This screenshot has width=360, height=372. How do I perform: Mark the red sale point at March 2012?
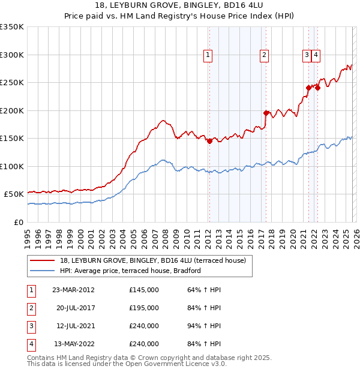click(x=209, y=142)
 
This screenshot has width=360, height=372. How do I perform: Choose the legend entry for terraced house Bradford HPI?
click(x=130, y=271)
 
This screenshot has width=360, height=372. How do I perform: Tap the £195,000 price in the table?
click(x=144, y=308)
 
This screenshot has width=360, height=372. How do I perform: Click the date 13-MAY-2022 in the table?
click(x=73, y=344)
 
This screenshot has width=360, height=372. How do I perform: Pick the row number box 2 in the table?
click(x=30, y=308)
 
